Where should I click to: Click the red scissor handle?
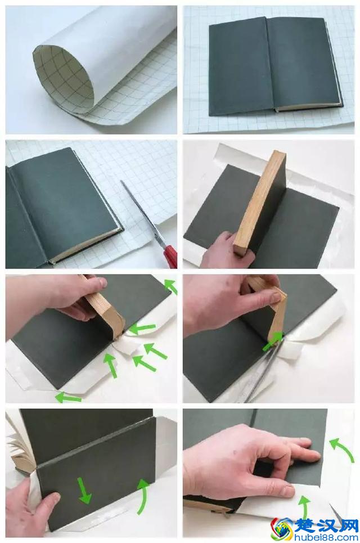click(x=170, y=255)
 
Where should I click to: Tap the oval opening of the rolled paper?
click(x=64, y=79)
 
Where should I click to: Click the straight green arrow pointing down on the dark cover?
click(x=84, y=491)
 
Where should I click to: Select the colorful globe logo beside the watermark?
click(x=282, y=529)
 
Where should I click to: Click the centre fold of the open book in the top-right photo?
click(x=272, y=65)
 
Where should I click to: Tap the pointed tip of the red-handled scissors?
click(x=121, y=181)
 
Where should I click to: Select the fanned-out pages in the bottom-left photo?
click(x=21, y=447)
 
